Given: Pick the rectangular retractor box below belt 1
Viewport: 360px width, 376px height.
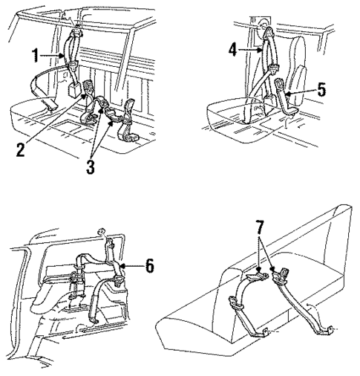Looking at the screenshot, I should click(74, 87).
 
